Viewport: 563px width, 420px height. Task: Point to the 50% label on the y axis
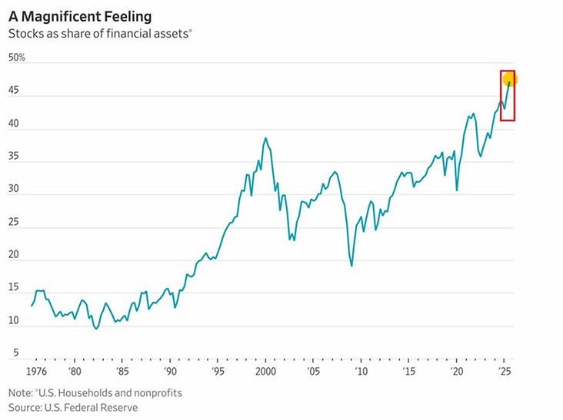pyautogui.click(x=17, y=58)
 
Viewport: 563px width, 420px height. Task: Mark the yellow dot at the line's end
pyautogui.click(x=509, y=79)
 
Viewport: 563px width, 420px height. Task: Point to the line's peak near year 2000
pyautogui.click(x=265, y=138)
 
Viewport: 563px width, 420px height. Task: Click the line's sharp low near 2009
pyautogui.click(x=351, y=266)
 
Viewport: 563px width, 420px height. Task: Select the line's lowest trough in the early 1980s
pyautogui.click(x=96, y=329)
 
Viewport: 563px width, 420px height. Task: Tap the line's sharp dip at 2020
pyautogui.click(x=457, y=190)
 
